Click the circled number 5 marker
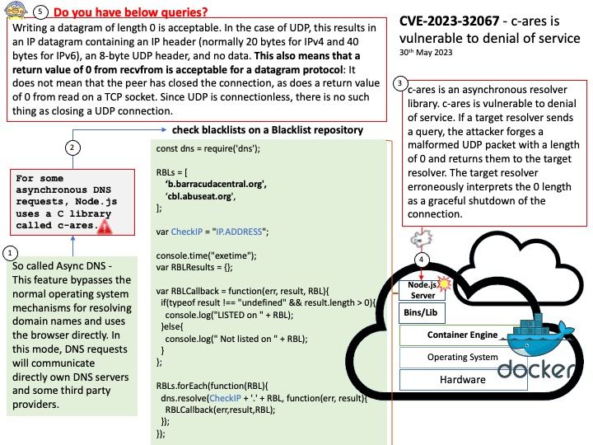41,13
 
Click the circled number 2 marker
72,148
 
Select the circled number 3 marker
399,83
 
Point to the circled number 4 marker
423,260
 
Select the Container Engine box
462,335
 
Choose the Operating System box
462,358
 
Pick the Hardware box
462,380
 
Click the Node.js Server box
422,290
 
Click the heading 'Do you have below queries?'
131,13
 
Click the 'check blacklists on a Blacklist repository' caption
267,130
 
